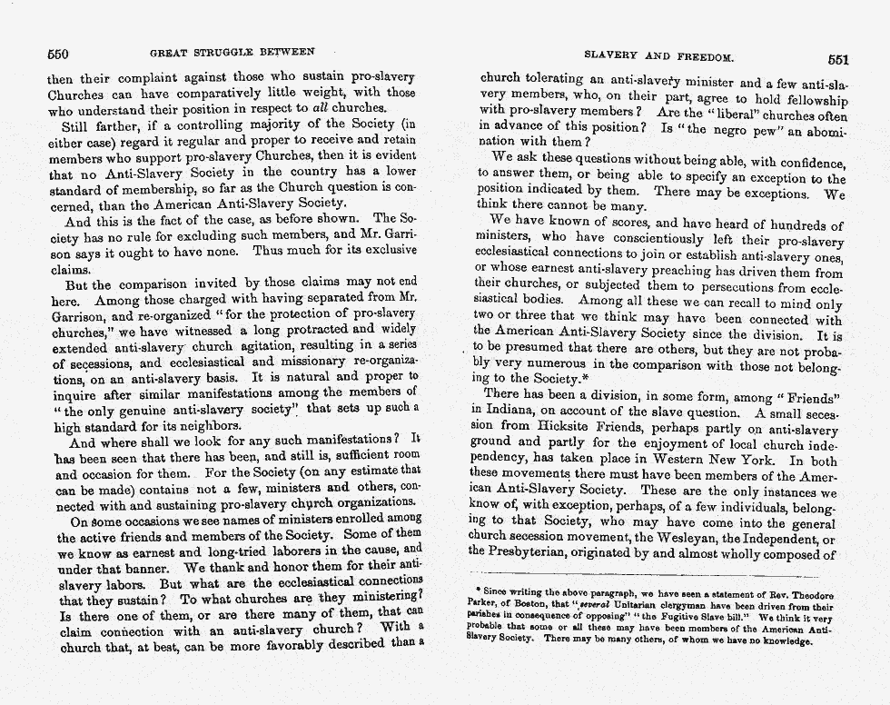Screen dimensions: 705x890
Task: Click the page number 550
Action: pyautogui.click(x=58, y=53)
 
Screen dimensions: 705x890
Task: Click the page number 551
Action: pyautogui.click(x=837, y=59)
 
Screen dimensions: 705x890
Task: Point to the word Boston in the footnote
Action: pyautogui.click(x=539, y=606)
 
